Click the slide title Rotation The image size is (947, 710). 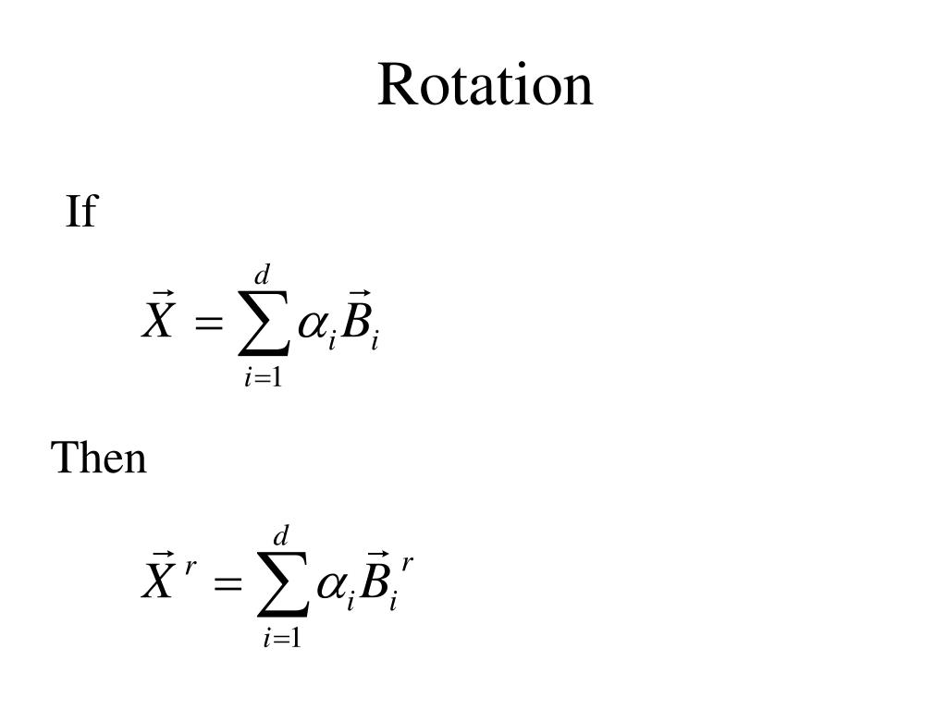click(485, 85)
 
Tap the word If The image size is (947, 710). click(80, 212)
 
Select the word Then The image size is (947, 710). click(99, 458)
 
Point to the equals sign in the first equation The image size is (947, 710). click(210, 324)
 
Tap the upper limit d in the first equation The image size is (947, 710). click(263, 275)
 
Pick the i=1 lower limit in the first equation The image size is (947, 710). click(264, 377)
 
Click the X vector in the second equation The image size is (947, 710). click(158, 578)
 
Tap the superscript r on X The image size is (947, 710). click(189, 565)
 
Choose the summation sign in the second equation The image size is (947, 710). click(282, 585)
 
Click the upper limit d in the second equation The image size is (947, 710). click(281, 535)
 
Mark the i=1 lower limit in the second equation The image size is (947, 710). click(282, 637)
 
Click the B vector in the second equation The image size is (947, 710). click(374, 579)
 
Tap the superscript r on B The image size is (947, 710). click(407, 562)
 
